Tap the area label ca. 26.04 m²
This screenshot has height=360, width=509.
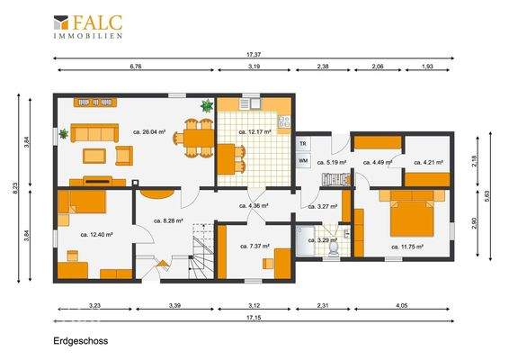click(x=150, y=131)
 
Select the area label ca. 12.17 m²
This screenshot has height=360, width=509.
click(x=254, y=131)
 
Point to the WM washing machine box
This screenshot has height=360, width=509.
click(x=303, y=160)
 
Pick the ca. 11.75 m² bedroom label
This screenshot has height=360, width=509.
click(x=407, y=246)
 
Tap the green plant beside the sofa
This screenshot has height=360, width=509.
click(x=64, y=136)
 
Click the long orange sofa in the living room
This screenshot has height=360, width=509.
click(x=94, y=133)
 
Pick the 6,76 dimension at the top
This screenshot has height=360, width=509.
click(x=136, y=67)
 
